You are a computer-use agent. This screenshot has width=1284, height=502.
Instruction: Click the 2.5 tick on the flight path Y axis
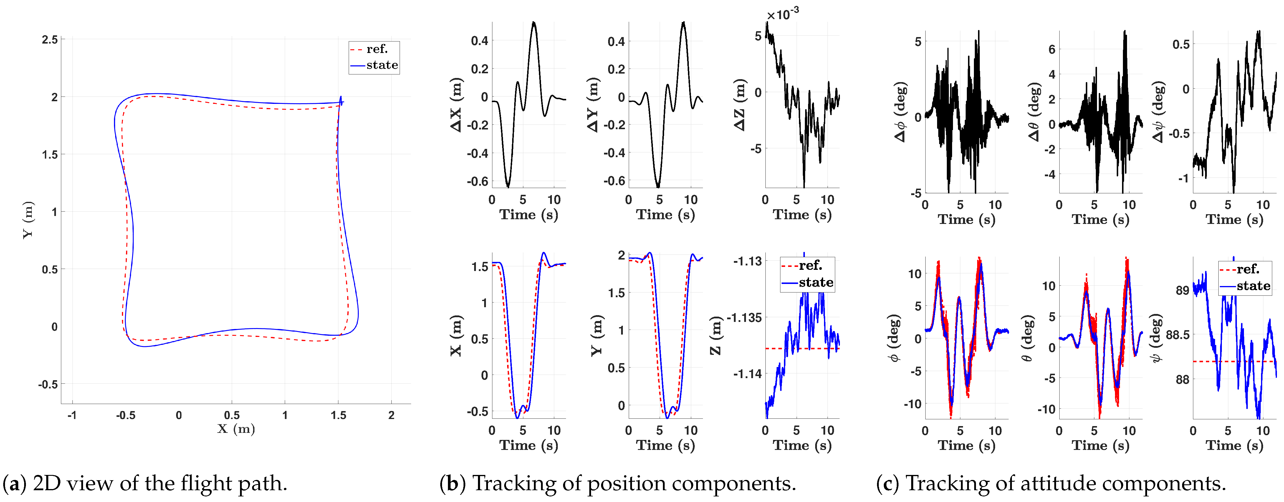(50, 39)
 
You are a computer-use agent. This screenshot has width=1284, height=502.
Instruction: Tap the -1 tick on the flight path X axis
(72, 415)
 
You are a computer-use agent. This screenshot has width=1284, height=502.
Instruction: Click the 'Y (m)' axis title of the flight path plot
(28, 220)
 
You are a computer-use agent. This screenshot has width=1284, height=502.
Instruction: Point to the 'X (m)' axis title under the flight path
(236, 429)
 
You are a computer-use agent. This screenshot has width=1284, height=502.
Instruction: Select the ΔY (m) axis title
(592, 104)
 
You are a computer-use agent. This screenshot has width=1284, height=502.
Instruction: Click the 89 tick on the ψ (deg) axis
(1182, 290)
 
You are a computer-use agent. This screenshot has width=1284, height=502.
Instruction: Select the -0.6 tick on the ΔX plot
(477, 181)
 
